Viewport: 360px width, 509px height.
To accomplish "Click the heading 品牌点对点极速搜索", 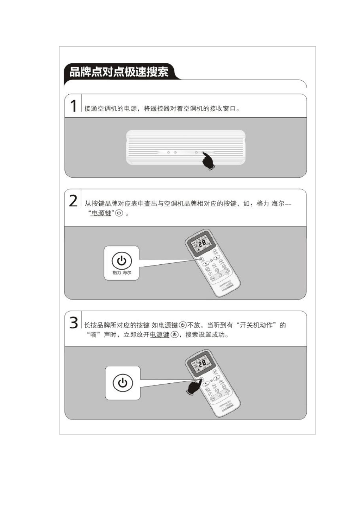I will pos(119,72).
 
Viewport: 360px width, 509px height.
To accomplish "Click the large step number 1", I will pos(74,106).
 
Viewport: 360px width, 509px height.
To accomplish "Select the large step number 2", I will pos(73,201).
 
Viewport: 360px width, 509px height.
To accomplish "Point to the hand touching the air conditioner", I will pos(208,162).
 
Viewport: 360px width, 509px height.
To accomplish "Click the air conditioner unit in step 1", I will pos(185,147).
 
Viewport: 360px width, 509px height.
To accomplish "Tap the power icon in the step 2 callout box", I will pos(122,261).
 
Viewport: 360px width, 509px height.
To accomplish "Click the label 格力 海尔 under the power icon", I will pos(122,273).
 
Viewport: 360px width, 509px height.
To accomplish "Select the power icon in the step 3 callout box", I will pos(122,383).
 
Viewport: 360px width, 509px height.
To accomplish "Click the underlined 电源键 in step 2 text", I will pos(101,213).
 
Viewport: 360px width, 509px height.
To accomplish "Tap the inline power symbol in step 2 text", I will pos(119,213).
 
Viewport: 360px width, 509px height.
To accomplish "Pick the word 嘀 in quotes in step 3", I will pos(93,335).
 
